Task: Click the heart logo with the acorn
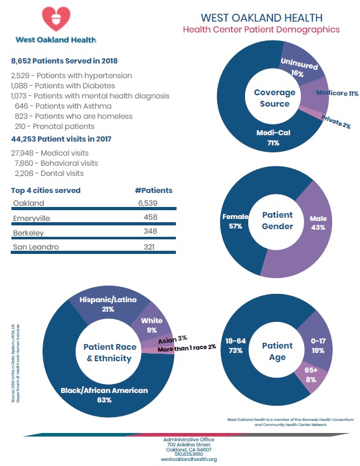point(56,18)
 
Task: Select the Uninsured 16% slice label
point(299,67)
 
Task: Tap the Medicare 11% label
point(337,93)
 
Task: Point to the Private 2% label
point(336,122)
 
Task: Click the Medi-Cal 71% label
point(273,138)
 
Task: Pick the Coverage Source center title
point(275,98)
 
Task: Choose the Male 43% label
point(318,223)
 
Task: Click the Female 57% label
point(236,222)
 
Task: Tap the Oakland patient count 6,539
point(148,203)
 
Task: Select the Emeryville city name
point(32,218)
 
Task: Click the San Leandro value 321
point(149,247)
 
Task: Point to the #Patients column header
point(154,190)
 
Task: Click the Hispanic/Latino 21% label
point(108,304)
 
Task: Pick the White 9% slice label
point(152,325)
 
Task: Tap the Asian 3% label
point(173,340)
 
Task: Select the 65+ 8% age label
point(311,375)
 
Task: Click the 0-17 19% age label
point(318,345)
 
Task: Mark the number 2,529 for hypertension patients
point(20,76)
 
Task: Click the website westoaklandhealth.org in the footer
point(189,459)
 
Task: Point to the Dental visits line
point(50,173)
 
